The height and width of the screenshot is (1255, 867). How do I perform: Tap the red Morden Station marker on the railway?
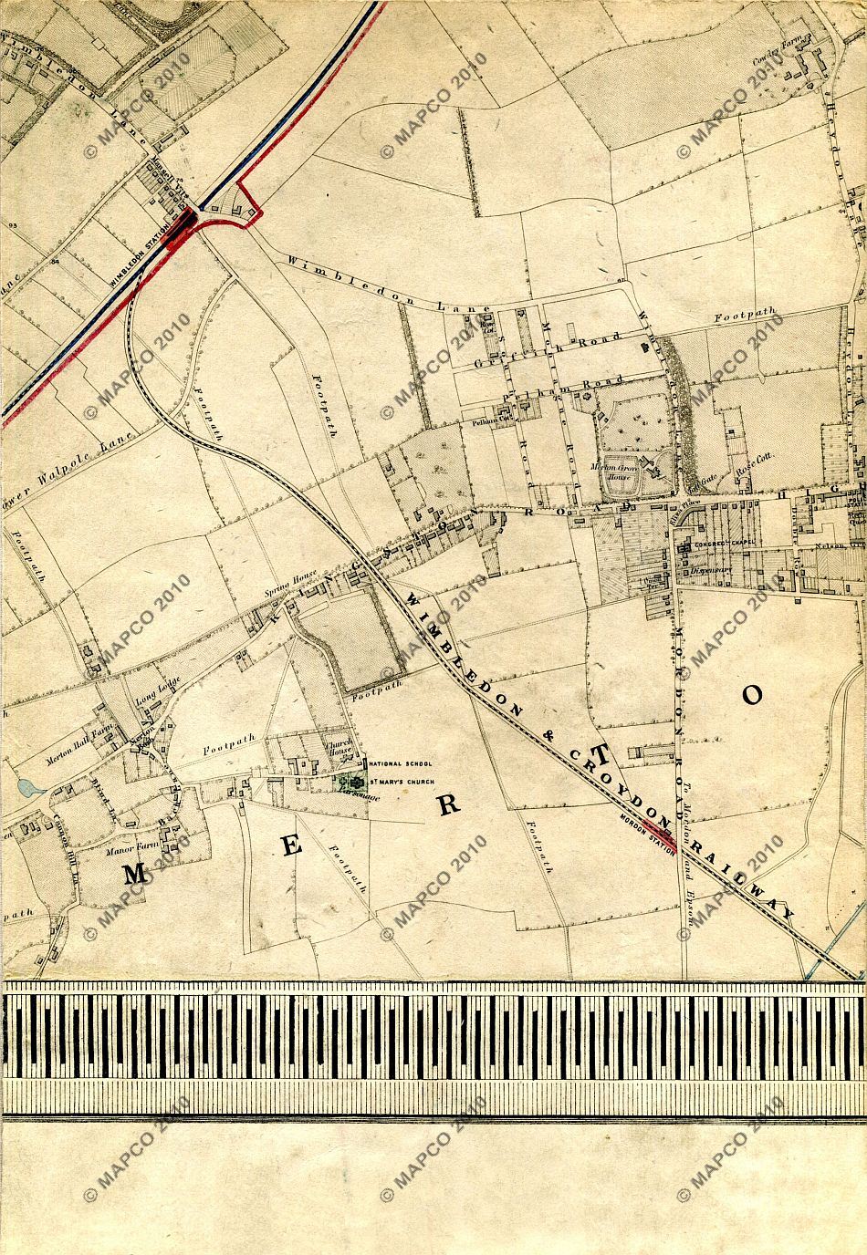click(656, 826)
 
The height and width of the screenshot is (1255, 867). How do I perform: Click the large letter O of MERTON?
click(751, 695)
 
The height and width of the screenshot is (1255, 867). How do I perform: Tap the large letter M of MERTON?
click(135, 873)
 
